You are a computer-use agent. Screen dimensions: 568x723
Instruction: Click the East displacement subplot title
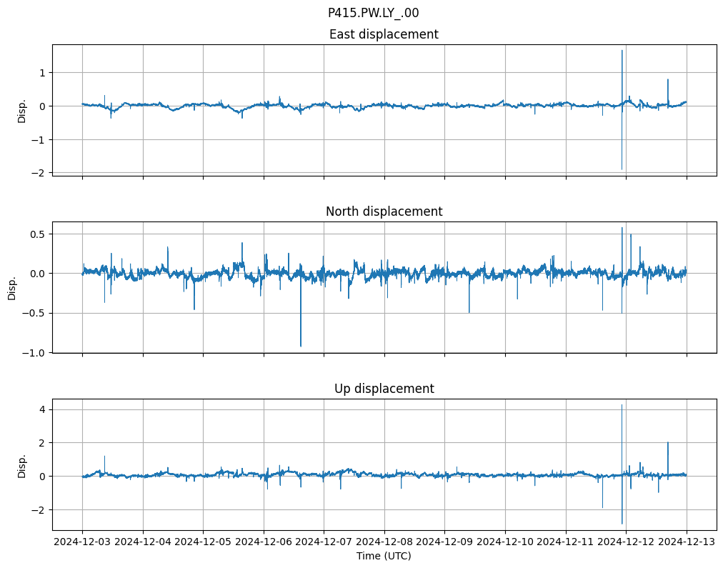point(384,34)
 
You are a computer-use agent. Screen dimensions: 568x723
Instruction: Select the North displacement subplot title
point(384,211)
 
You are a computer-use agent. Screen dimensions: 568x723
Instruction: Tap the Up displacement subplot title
point(384,389)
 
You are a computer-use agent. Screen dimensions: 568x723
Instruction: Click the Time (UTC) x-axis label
point(384,556)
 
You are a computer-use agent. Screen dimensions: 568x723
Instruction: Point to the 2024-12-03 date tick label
point(82,542)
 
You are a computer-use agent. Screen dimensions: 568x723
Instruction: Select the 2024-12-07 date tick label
point(324,542)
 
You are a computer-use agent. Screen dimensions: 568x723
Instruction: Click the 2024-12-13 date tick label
point(687,542)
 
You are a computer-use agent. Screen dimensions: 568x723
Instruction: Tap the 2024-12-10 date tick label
point(505,542)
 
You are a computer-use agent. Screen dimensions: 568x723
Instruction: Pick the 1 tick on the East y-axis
point(42,73)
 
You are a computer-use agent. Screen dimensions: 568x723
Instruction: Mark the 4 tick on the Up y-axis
point(42,409)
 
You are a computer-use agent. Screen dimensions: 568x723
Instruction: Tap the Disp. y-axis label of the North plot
point(12,287)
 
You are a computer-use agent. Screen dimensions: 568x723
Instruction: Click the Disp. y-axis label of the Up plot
point(22,464)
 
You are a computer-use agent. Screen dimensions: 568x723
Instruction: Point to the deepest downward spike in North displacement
point(301,346)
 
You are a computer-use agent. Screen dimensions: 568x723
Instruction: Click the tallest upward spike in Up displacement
point(622,405)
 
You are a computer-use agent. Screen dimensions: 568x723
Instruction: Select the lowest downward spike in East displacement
point(622,169)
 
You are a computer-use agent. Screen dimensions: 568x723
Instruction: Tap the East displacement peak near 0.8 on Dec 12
point(668,79)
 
